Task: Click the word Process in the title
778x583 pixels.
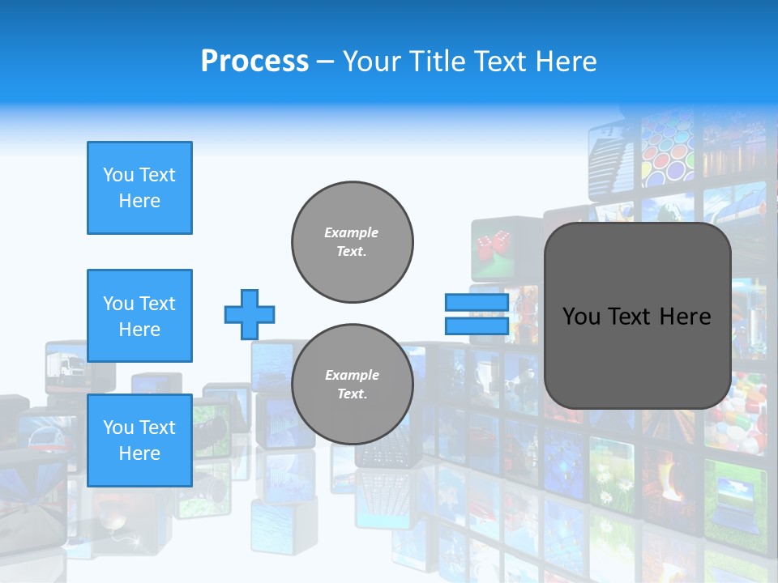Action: [254, 62]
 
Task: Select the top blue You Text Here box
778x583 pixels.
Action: [139, 188]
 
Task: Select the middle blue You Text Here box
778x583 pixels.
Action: [139, 316]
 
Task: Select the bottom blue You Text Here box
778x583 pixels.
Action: [139, 440]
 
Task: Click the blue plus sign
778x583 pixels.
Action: [250, 314]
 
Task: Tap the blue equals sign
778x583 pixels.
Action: [477, 314]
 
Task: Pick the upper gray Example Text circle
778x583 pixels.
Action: [353, 242]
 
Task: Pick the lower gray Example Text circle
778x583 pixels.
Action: [353, 385]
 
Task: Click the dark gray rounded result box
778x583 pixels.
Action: [637, 316]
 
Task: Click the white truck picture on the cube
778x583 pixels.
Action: [66, 366]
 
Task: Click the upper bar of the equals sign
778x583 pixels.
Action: [477, 303]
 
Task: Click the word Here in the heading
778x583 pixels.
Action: [566, 62]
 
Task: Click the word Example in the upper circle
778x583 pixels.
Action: [351, 232]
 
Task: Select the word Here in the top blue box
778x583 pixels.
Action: [139, 201]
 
